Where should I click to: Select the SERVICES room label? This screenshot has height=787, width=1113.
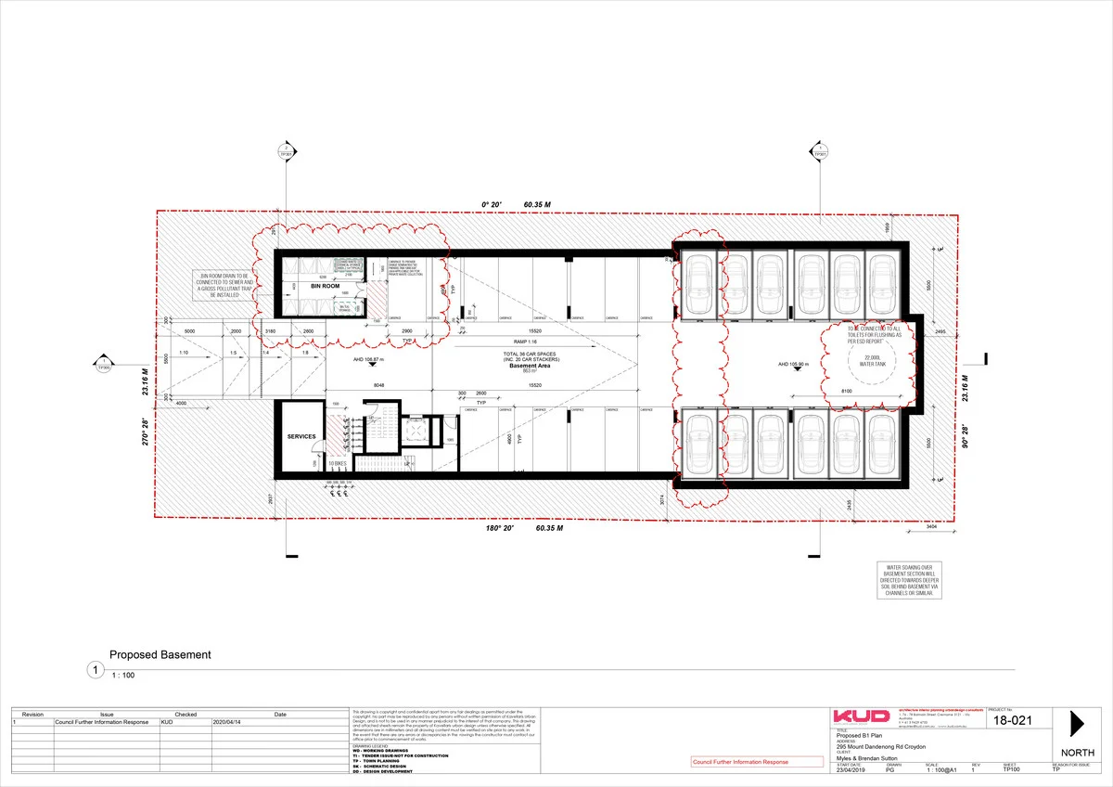(301, 436)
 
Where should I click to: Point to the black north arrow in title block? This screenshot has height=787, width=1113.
(1077, 724)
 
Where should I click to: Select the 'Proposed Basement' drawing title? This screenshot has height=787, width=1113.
(160, 654)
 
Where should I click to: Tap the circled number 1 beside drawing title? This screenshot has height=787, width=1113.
(93, 670)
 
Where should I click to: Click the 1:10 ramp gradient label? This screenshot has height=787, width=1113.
(184, 354)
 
